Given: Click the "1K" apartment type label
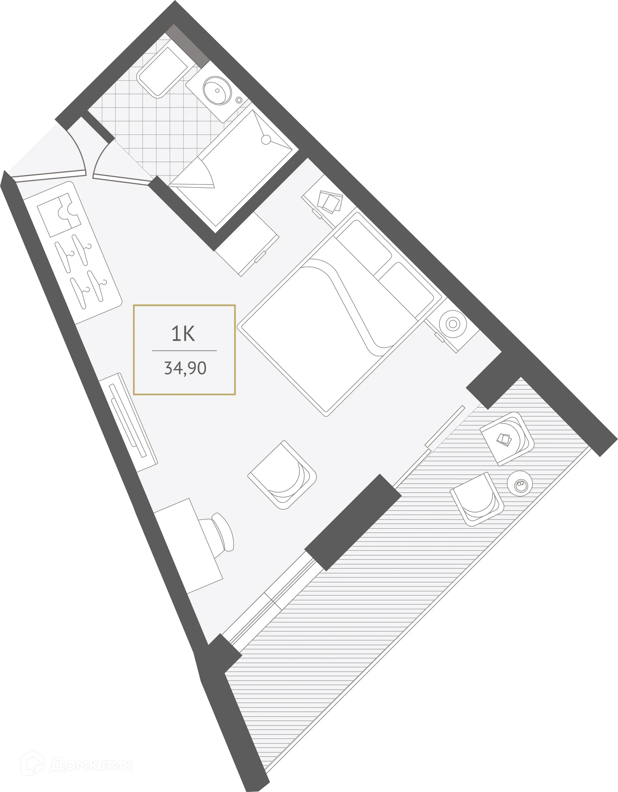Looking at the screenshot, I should click(183, 334).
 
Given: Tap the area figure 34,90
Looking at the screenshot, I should click(185, 368).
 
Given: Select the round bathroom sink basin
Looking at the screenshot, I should click(217, 90).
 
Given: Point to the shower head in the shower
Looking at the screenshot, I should click(266, 140).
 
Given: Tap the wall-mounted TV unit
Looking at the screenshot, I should click(129, 422).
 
